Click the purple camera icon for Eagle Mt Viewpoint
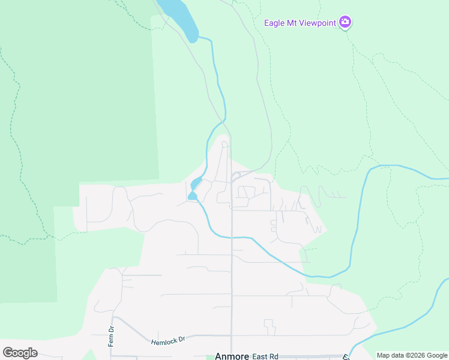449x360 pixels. coord(345,22)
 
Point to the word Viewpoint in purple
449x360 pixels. coord(316,23)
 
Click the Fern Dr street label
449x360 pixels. coord(111,331)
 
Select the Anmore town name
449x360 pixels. coord(232,356)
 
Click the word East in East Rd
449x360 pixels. coord(260,356)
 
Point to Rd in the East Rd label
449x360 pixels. coord(274,356)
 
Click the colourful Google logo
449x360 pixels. coord(20,353)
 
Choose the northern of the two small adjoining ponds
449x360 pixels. coord(196,182)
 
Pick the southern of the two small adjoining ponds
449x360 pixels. coord(192,196)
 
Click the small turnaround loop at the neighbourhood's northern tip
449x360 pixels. coord(224,144)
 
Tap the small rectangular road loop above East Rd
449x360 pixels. coord(270,327)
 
